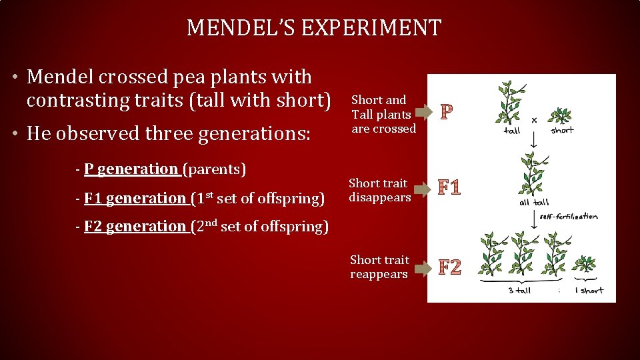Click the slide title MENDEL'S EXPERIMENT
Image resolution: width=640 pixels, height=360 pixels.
tap(314, 28)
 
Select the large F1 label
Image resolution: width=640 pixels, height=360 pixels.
tap(450, 188)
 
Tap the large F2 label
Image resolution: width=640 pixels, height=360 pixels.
tap(450, 267)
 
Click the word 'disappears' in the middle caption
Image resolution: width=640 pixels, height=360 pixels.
tap(380, 197)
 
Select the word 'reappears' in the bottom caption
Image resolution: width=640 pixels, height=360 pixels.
tap(378, 275)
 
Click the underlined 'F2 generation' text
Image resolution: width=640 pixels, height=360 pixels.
tap(135, 227)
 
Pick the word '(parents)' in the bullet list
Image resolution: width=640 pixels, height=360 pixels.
tap(217, 169)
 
